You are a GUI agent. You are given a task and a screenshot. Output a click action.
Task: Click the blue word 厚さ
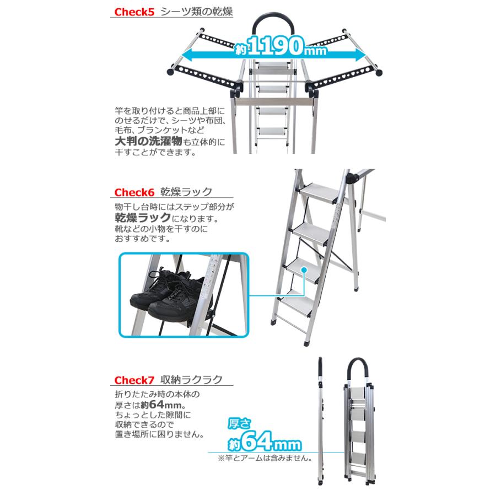point(241,423)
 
